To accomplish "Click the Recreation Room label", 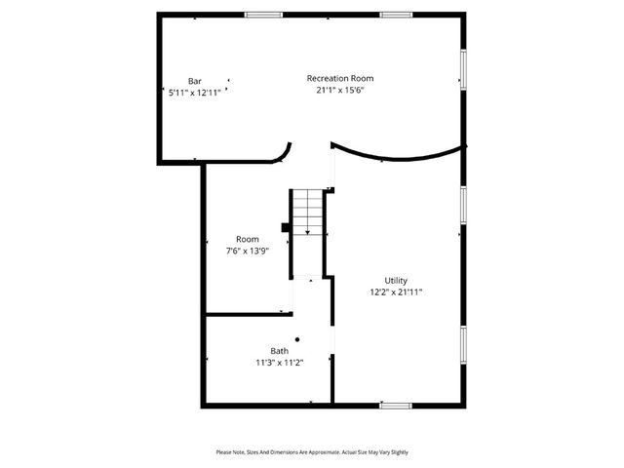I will (339, 78).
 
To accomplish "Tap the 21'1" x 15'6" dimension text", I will (339, 90).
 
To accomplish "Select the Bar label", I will (194, 81).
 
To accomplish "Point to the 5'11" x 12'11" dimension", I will (194, 93).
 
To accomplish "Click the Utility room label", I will (395, 280).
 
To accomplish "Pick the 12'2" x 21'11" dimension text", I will (395, 292).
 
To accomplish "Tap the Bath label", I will (280, 351).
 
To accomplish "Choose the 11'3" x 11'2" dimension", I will (280, 363).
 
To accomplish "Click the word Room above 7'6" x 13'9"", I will (247, 239).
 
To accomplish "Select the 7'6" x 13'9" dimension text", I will (247, 251).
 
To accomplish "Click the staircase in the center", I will (308, 209).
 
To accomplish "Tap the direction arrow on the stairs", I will (308, 230).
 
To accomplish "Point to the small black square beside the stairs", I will (285, 228).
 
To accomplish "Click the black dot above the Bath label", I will (297, 339).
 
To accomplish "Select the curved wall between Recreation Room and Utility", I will (395, 157).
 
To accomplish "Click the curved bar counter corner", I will (284, 153).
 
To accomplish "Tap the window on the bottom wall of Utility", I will (395, 405).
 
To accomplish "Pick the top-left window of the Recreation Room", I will (257, 15).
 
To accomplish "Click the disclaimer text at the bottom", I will (312, 452).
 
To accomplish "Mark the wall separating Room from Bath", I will (244, 314).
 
